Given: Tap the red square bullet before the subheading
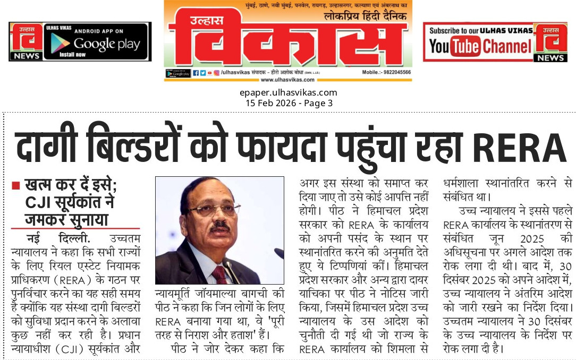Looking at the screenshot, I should (x=16, y=186).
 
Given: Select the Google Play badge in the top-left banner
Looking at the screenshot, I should (x=95, y=44).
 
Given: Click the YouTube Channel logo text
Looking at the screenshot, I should (x=480, y=47).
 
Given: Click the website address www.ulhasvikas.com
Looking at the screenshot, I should (x=287, y=80).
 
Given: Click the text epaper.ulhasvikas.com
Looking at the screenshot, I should (x=288, y=92).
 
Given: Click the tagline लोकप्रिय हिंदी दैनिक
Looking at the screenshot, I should (x=366, y=16).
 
